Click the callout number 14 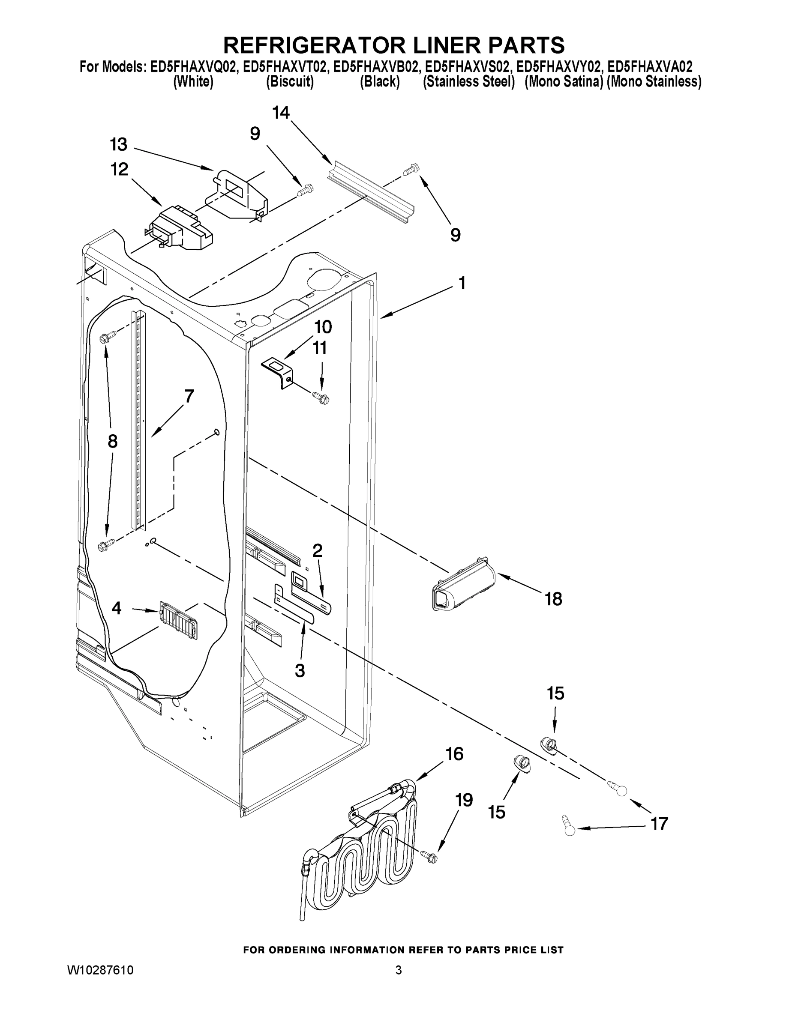pyautogui.click(x=281, y=113)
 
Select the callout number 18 pyautogui.click(x=553, y=599)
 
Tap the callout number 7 pyautogui.click(x=189, y=396)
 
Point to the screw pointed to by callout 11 pyautogui.click(x=322, y=398)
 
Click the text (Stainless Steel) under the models pyautogui.click(x=468, y=82)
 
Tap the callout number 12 pyautogui.click(x=119, y=169)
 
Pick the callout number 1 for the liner pyautogui.click(x=462, y=284)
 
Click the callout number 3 pyautogui.click(x=300, y=670)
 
